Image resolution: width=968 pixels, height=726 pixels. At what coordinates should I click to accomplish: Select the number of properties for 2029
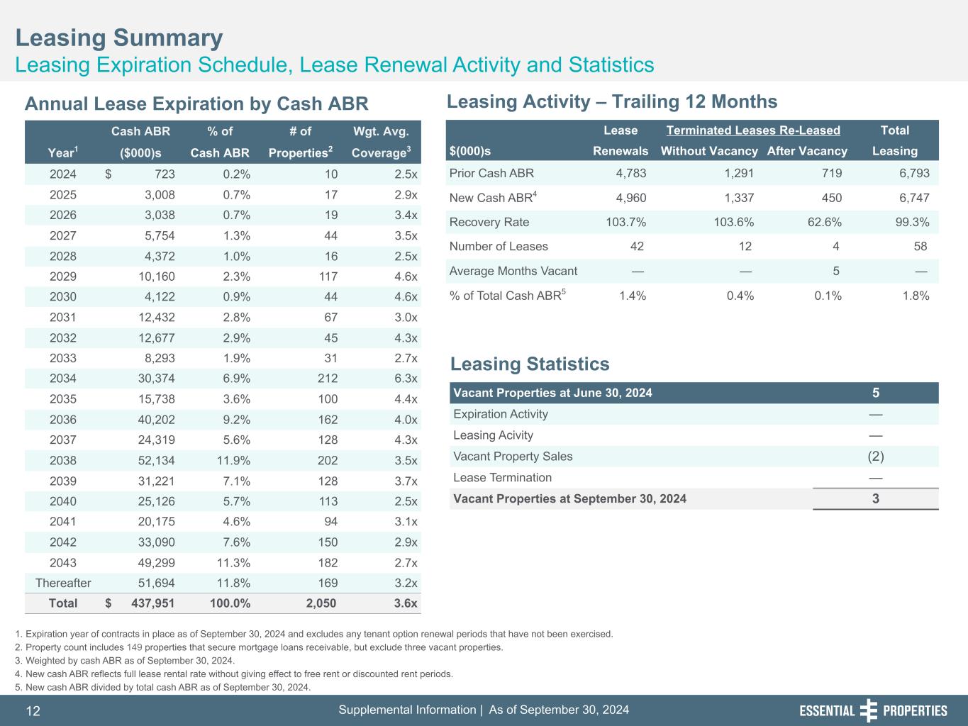click(x=328, y=277)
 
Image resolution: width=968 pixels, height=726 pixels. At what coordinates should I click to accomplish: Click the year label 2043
click(x=63, y=563)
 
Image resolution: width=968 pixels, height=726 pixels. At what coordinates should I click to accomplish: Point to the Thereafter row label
click(x=63, y=583)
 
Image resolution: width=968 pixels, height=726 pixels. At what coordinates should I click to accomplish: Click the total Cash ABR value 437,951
click(x=153, y=603)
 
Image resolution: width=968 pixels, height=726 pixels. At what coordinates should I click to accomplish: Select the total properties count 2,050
click(x=321, y=603)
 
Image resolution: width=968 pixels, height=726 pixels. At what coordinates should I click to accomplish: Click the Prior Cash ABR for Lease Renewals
click(x=630, y=173)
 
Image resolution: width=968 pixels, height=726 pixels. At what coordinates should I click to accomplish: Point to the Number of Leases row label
click(x=499, y=246)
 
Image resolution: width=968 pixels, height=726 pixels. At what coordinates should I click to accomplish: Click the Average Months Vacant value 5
click(x=836, y=271)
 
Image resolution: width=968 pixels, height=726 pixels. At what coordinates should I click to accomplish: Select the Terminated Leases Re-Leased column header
click(x=753, y=130)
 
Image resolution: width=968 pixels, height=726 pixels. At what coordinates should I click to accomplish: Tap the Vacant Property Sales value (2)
click(x=876, y=456)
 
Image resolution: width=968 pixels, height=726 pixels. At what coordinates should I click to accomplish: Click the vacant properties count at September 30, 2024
click(x=876, y=498)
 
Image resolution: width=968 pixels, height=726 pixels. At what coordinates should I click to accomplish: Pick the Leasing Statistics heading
click(x=530, y=364)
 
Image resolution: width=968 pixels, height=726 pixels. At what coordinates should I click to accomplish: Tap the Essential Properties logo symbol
click(x=869, y=710)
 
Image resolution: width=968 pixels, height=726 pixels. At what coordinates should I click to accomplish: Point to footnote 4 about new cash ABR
click(x=233, y=674)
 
